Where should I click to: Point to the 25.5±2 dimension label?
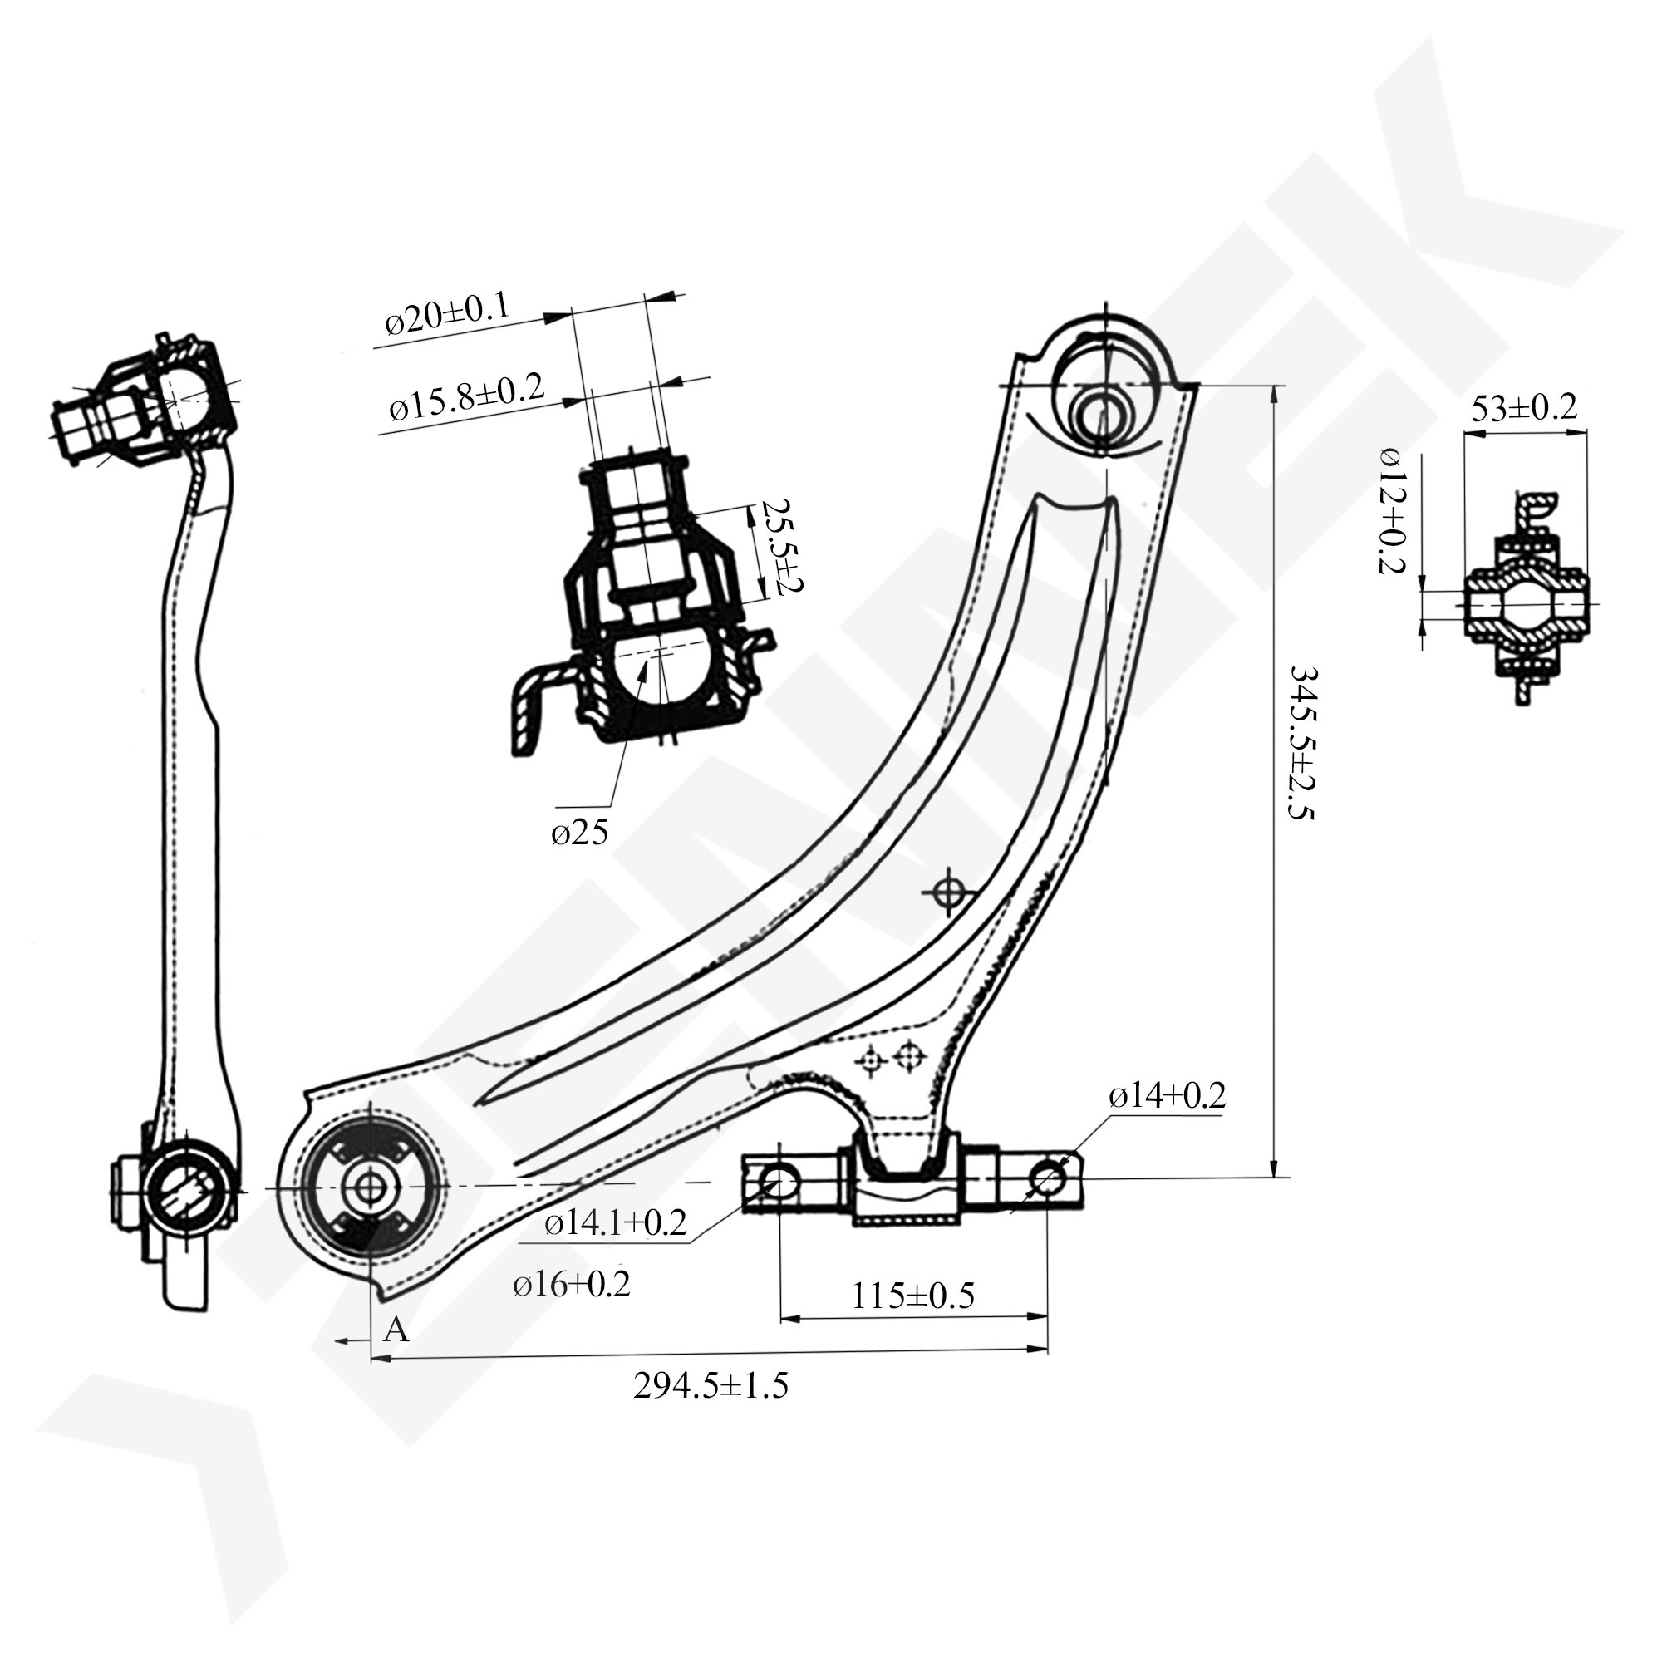777,548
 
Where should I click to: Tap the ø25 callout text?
580,832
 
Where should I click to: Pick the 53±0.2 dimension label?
1524,407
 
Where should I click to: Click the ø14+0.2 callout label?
1168,1095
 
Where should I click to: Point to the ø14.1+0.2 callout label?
616,1222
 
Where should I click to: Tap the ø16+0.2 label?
572,1284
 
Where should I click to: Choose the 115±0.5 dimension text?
912,1295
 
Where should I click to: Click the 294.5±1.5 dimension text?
711,1386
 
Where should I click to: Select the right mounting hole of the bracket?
1047,1177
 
